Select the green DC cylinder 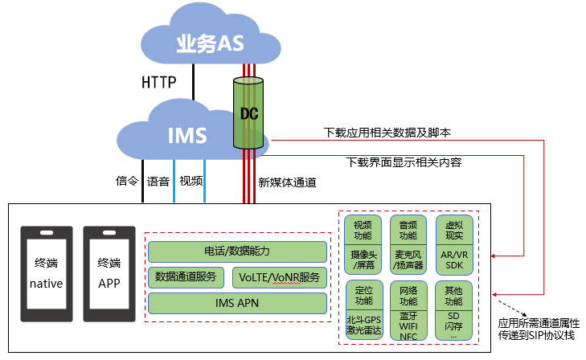pos(249,113)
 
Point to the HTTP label pos(158,82)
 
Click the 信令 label pos(128,181)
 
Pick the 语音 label pos(158,181)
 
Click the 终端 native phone pos(46,272)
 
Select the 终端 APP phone pos(109,272)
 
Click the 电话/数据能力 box pos(238,252)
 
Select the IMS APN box pos(238,303)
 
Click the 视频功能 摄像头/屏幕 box pos(363,244)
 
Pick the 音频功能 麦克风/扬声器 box pos(408,244)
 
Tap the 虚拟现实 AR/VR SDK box pos(453,244)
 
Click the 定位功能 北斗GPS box pos(363,310)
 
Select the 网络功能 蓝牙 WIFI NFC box pos(408,310)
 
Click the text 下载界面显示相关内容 pos(403,162)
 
